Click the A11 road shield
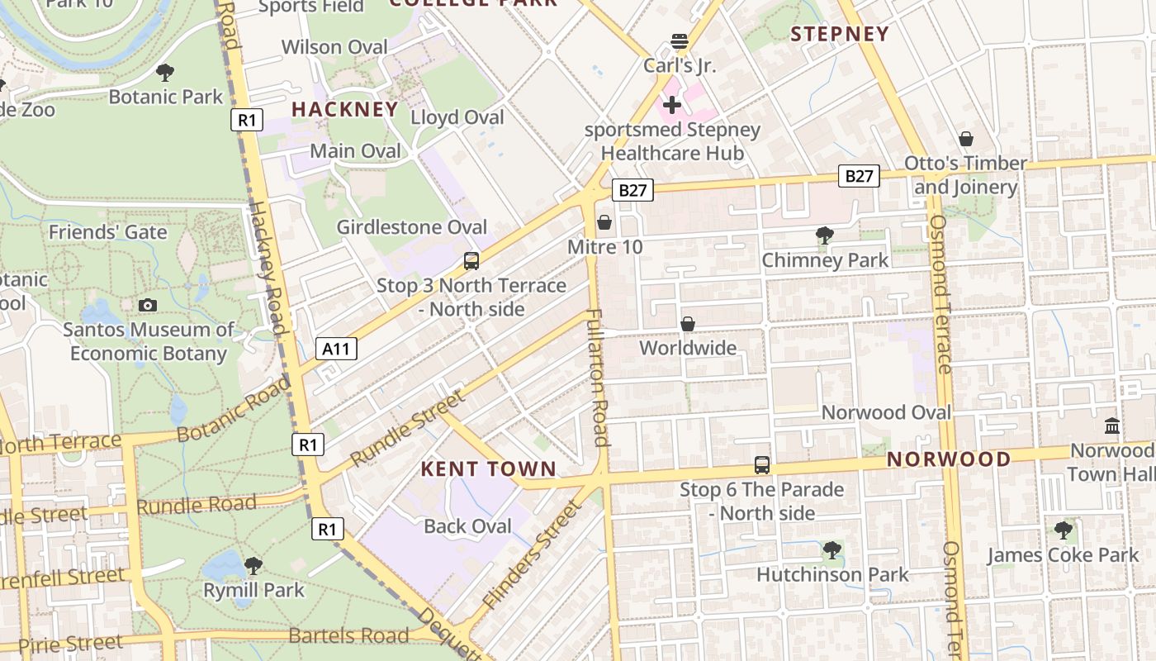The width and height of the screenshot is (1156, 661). (336, 349)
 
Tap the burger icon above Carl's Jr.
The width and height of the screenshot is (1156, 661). (680, 41)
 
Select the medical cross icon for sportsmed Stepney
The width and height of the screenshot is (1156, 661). (672, 105)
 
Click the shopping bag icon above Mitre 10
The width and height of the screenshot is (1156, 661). (604, 222)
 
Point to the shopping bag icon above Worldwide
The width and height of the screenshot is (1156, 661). (687, 324)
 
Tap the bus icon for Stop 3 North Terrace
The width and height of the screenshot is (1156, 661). (471, 261)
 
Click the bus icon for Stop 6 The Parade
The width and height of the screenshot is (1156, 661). (761, 465)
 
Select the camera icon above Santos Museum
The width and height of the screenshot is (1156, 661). (148, 305)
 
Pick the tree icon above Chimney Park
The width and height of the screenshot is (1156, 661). (824, 235)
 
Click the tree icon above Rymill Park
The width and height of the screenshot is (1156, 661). (253, 566)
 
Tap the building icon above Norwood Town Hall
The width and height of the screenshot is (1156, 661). (1111, 426)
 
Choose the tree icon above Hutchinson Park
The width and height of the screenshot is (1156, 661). (831, 549)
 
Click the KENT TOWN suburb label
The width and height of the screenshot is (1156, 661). (488, 469)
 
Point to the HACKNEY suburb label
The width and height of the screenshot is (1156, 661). (344, 109)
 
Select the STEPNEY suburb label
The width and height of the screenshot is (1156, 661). (839, 34)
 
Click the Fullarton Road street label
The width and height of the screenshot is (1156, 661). (598, 377)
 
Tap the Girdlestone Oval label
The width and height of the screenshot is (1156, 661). (411, 227)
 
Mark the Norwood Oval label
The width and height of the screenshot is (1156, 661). (886, 412)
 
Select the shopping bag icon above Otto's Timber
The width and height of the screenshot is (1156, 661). (965, 139)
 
